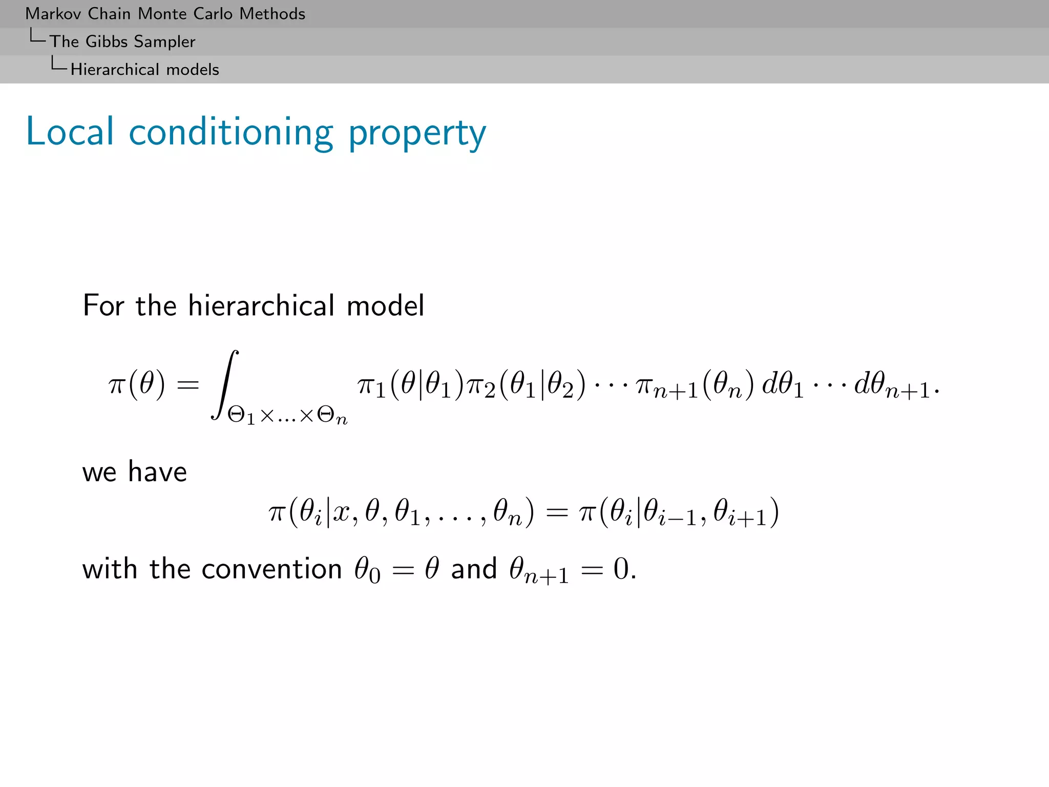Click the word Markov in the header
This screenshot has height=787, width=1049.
pos(54,14)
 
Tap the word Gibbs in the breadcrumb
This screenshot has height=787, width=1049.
pos(107,42)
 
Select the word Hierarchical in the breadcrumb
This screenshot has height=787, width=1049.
pos(115,69)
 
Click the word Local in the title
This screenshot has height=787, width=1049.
pos(70,132)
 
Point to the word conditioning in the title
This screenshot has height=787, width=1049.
pos(231,133)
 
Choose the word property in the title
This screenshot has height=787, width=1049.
pos(417,133)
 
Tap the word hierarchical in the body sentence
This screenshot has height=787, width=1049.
pos(261,306)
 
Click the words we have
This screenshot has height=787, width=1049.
pos(135,471)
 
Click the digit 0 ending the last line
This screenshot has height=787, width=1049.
pos(621,569)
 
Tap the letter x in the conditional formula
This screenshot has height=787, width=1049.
pos(342,512)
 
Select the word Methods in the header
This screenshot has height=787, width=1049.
pos(272,14)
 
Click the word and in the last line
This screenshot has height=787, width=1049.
pos(474,569)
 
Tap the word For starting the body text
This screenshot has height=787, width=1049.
pos(103,306)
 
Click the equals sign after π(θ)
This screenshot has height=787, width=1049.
pos(187,384)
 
